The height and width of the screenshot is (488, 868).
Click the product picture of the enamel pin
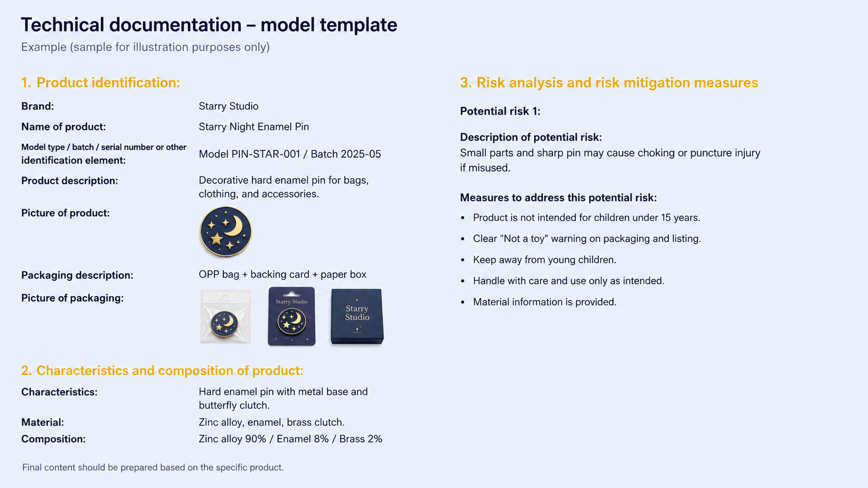(225, 232)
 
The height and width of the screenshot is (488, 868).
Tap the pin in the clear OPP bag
(224, 324)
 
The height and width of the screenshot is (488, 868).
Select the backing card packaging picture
(291, 316)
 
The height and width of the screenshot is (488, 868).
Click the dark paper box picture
(357, 316)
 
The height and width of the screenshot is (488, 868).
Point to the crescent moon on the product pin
(234, 226)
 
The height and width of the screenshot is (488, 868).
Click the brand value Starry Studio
(228, 106)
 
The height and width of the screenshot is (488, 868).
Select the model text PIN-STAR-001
(266, 154)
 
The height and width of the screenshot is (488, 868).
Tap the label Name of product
(63, 127)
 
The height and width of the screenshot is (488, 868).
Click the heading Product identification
(101, 82)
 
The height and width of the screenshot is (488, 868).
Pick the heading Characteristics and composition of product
(162, 370)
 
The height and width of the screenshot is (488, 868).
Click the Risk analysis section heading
(609, 82)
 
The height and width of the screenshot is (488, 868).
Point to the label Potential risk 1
(500, 111)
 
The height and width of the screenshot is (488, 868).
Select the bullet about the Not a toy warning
(587, 239)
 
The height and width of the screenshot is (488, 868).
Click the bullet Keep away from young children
(545, 260)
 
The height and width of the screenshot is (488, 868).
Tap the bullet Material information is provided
(545, 302)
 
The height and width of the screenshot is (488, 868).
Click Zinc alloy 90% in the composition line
(233, 439)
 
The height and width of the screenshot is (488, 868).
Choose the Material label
(43, 422)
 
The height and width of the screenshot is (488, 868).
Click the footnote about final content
(153, 467)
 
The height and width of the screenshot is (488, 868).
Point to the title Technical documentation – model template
(209, 25)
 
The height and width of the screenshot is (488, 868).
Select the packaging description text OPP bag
(219, 274)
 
